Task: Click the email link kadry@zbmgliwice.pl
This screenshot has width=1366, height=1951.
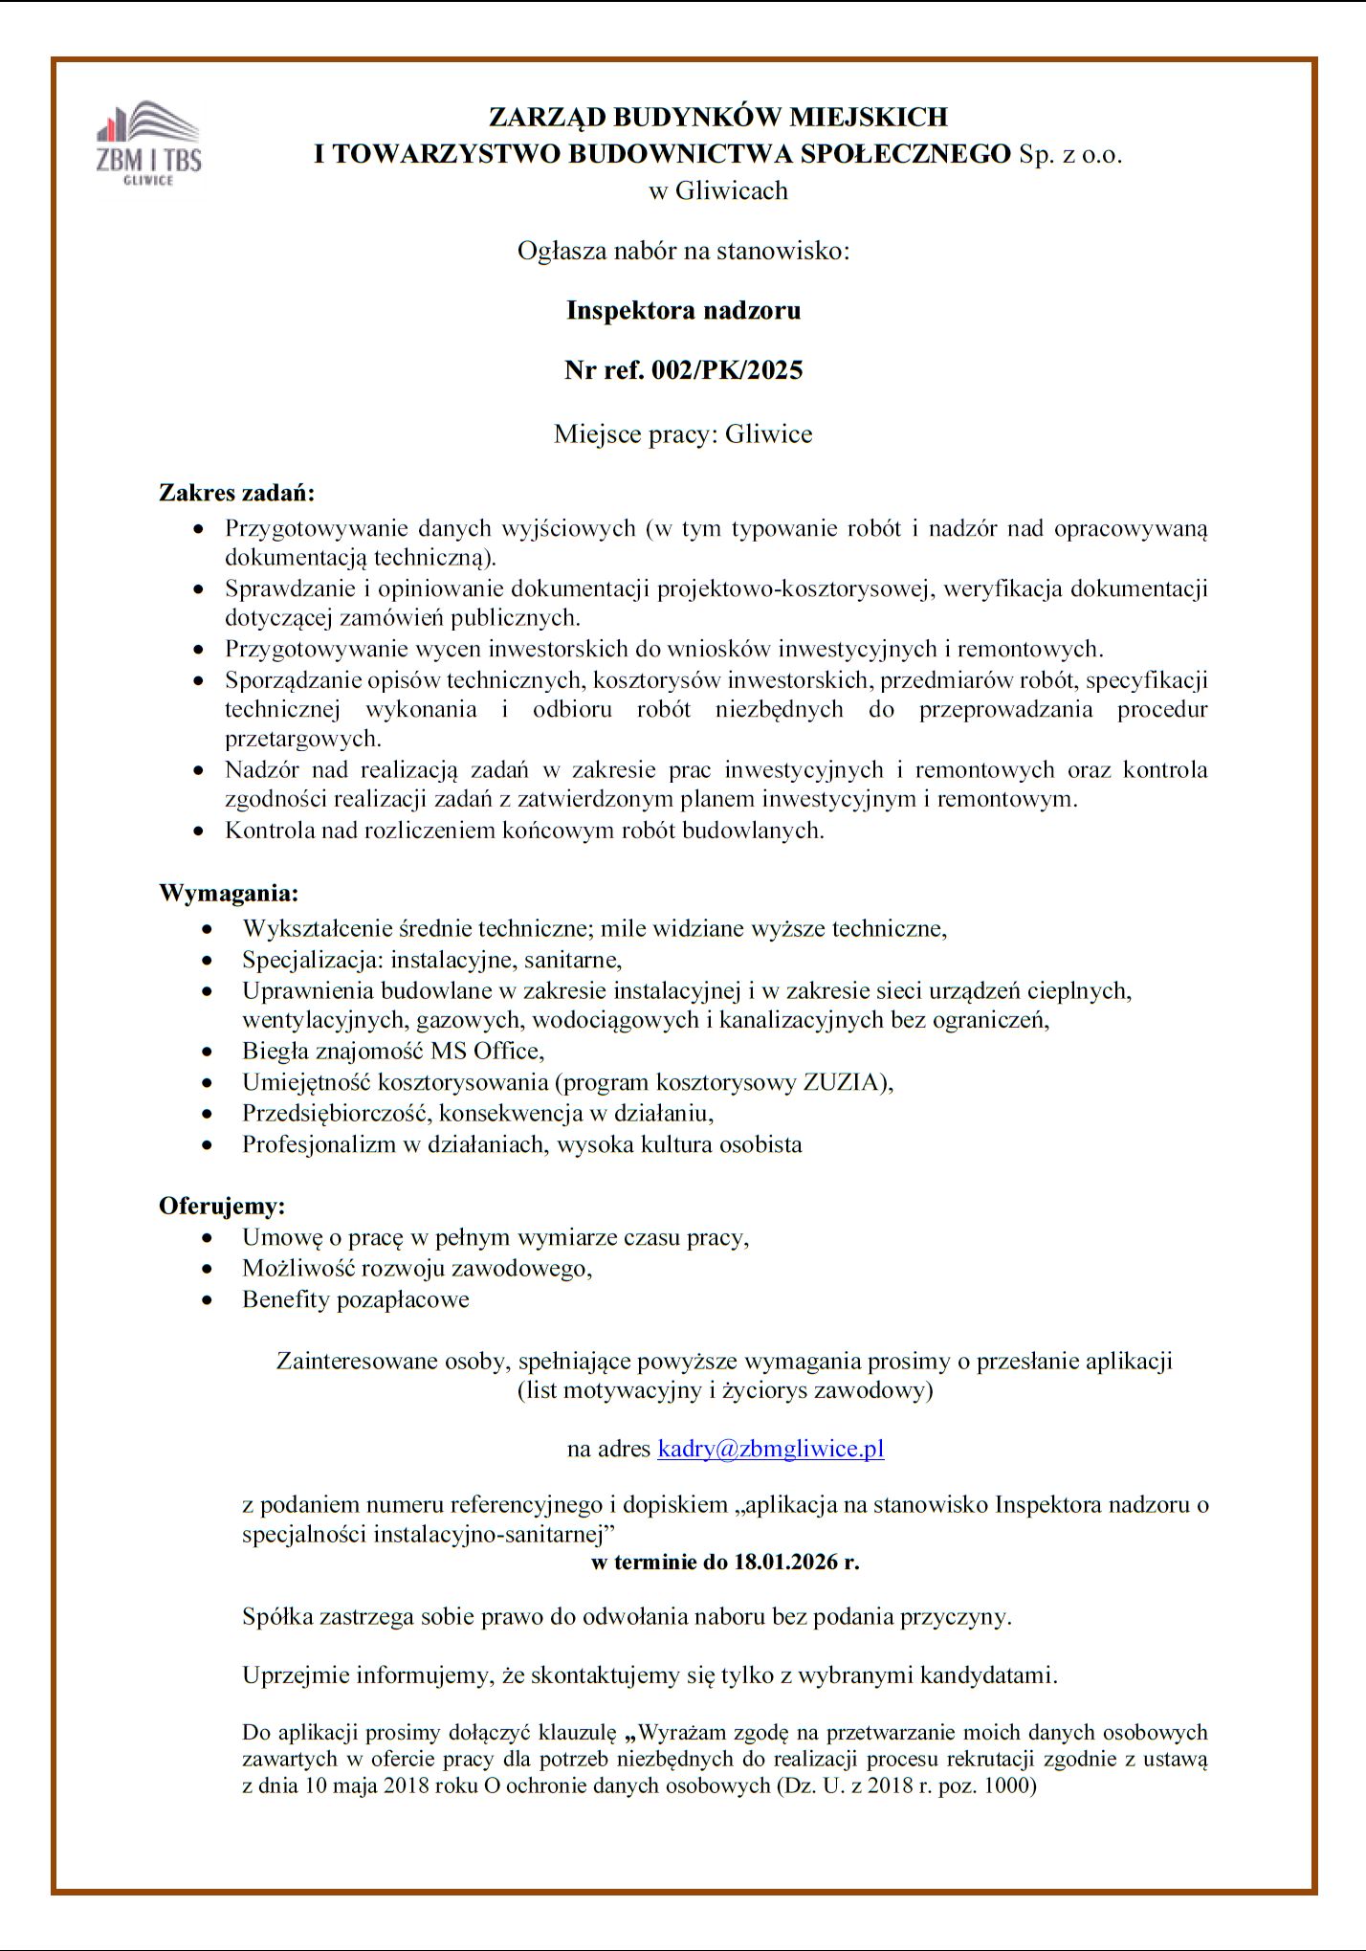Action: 770,1449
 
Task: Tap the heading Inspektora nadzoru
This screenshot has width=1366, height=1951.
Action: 683,310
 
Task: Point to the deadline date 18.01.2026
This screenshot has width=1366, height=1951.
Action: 784,1563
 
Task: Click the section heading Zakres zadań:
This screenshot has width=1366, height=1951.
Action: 236,494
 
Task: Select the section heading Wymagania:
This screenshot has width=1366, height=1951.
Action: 229,894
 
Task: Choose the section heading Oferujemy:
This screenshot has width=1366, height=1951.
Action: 222,1205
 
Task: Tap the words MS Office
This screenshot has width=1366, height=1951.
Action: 486,1051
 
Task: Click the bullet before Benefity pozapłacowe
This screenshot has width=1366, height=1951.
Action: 209,1300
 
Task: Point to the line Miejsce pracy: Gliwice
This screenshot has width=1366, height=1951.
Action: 683,434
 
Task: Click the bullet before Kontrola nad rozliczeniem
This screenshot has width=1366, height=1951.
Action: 199,831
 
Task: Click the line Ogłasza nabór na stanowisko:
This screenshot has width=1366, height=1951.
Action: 683,252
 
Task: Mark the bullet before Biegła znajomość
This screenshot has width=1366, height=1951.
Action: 209,1052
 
